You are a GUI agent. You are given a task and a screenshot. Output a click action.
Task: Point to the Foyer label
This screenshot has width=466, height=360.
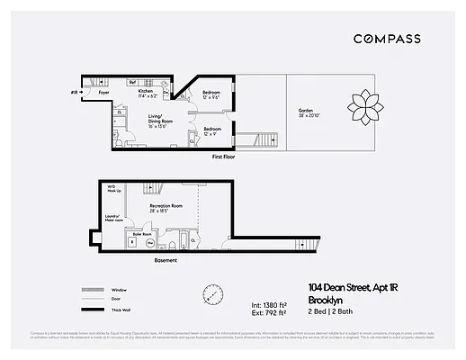tap(104, 92)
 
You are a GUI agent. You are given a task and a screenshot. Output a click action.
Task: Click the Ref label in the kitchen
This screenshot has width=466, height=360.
tap(131, 82)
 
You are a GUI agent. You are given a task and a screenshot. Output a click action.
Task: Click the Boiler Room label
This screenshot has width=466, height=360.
tap(142, 231)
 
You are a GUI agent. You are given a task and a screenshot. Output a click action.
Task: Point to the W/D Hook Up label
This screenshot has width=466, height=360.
tap(111, 190)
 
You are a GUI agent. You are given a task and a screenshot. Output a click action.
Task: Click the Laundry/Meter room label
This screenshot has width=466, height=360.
tap(111, 218)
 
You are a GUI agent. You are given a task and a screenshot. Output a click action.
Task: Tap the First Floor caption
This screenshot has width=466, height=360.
tap(225, 157)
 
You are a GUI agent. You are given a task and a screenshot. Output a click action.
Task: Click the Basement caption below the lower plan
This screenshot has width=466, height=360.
tap(166, 260)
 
